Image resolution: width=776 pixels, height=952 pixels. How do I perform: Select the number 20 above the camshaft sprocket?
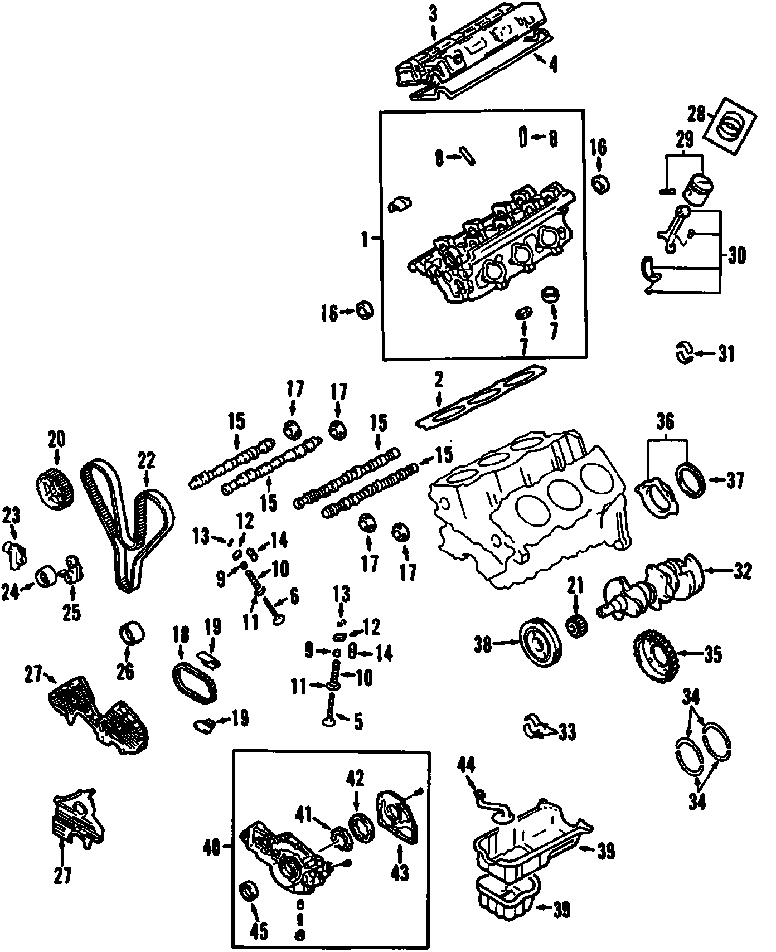[x=57, y=439]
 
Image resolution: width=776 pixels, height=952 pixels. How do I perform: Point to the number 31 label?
[x=725, y=353]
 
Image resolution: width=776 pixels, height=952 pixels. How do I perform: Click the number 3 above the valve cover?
[x=434, y=15]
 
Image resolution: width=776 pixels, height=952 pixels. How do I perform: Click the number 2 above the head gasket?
[x=439, y=381]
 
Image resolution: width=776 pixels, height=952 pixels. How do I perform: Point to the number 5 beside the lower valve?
[x=357, y=722]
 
